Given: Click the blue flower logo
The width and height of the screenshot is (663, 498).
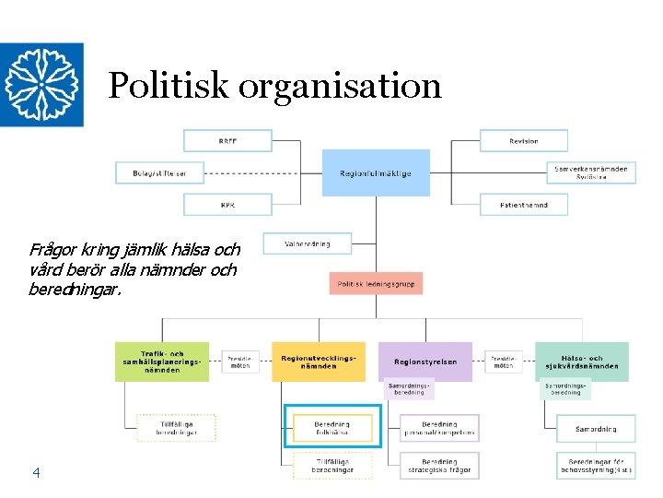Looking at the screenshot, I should point(41,85).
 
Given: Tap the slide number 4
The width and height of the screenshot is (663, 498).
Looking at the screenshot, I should point(36,473).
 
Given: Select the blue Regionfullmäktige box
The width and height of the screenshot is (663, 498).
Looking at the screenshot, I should point(376,172).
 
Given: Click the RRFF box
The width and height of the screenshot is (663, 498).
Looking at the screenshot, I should point(227,141).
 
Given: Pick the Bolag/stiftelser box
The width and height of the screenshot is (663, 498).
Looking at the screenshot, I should point(159,172).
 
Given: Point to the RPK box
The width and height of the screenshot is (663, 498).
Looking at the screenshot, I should point(227,205).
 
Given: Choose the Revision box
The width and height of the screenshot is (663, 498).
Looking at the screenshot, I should point(523,141).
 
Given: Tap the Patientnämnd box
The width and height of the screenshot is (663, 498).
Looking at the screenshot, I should point(523,205).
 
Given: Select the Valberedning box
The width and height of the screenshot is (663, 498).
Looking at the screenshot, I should point(308,243).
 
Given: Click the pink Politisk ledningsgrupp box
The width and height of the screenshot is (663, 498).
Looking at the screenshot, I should point(376,284).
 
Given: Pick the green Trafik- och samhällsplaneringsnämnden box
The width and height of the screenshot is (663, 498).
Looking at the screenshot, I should point(162,362).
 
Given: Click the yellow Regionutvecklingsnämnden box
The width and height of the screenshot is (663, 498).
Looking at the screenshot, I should point(318,362).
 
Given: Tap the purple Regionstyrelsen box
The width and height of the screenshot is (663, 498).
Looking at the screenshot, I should point(425,362).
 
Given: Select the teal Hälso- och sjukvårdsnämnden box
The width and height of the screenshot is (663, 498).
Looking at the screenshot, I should point(581,362).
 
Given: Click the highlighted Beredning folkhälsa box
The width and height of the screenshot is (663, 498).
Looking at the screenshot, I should point(331,428).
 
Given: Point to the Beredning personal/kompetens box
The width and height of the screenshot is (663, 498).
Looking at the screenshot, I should point(439,428).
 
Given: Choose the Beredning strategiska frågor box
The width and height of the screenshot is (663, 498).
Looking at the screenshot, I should point(439,466).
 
